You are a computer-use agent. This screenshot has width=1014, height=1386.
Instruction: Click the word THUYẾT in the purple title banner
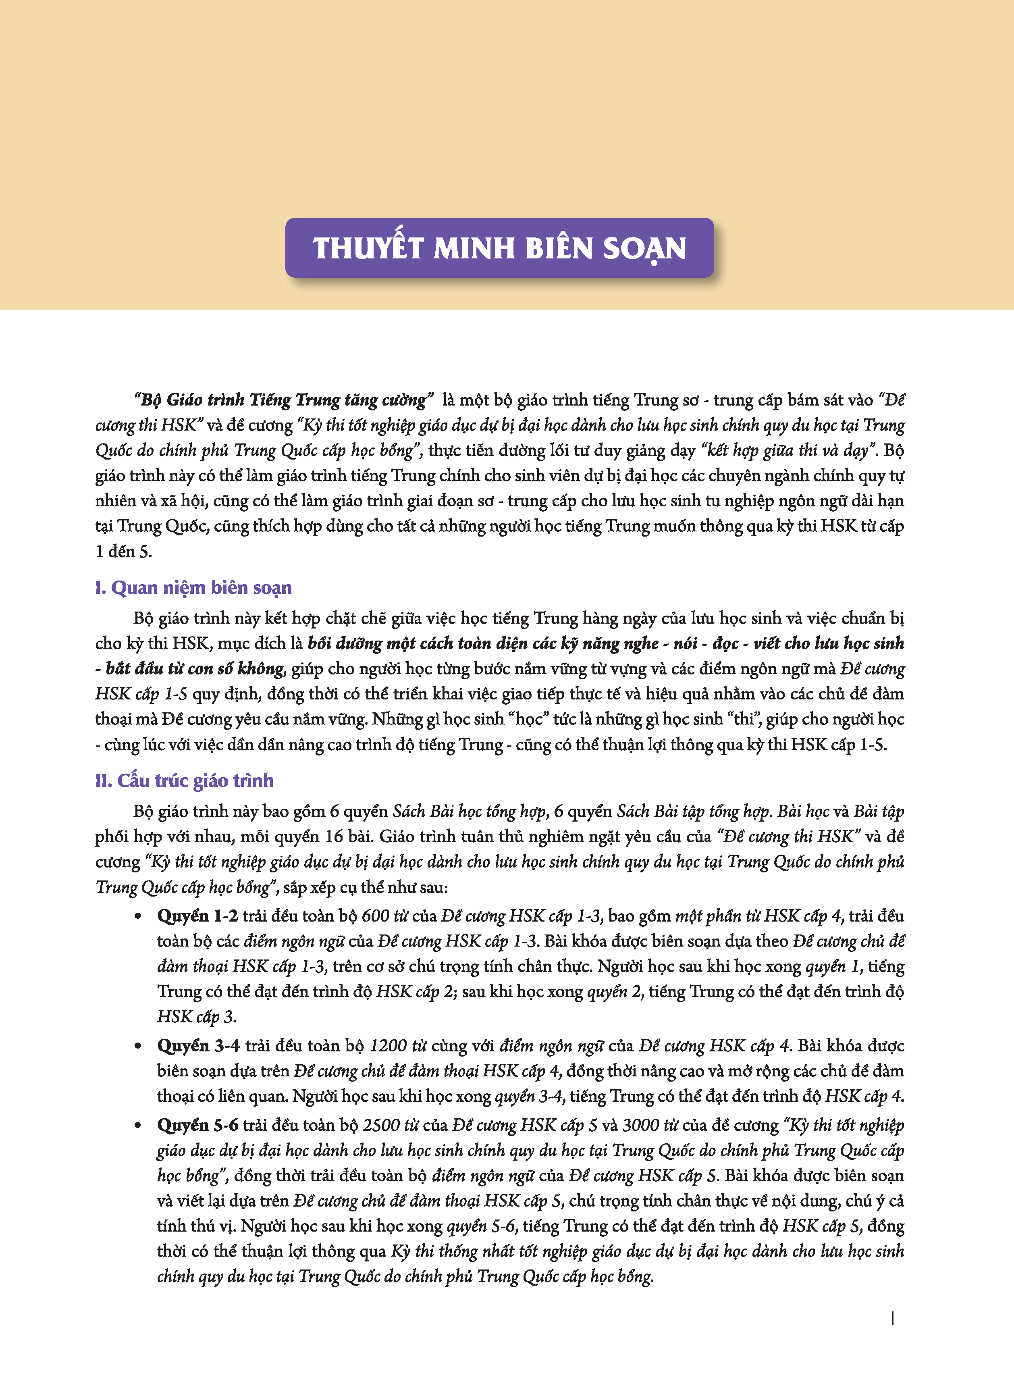click(x=368, y=249)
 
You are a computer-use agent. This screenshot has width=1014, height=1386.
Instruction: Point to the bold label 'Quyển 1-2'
click(x=197, y=916)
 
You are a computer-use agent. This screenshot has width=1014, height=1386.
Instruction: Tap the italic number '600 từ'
click(x=385, y=916)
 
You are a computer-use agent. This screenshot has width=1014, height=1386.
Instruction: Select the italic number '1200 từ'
click(x=398, y=1045)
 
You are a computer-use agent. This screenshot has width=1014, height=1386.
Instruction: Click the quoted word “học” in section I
click(x=528, y=719)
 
